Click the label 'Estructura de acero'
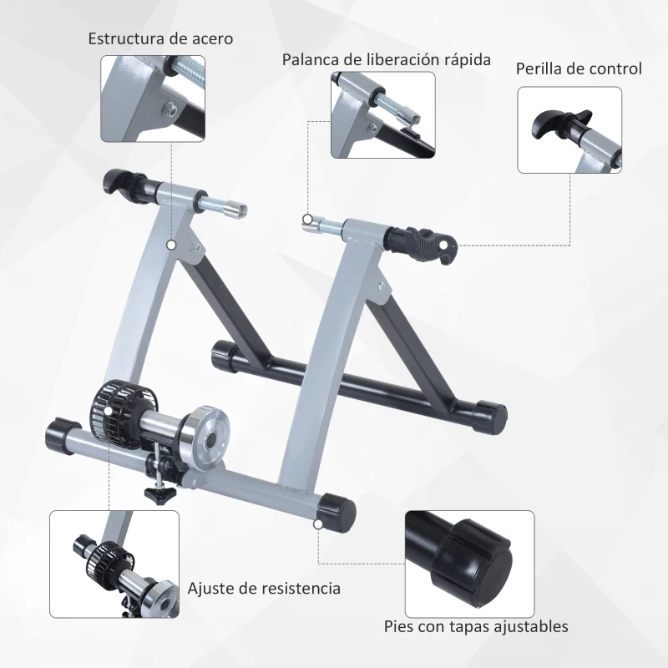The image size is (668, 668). pyautogui.click(x=161, y=38)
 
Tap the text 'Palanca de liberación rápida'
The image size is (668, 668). pyautogui.click(x=386, y=60)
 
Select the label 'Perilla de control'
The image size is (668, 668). pyautogui.click(x=579, y=68)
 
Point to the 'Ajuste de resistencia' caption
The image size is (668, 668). pyautogui.click(x=264, y=588)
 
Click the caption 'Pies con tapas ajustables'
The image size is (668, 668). pyautogui.click(x=476, y=625)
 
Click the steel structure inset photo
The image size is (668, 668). pyautogui.click(x=152, y=98)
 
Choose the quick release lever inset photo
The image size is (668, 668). pyautogui.click(x=382, y=114)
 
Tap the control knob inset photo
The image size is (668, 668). pyautogui.click(x=569, y=130)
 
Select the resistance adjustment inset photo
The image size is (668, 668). pyautogui.click(x=114, y=564)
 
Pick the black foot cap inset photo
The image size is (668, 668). pyautogui.click(x=469, y=564)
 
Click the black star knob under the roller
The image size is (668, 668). pyautogui.click(x=157, y=494)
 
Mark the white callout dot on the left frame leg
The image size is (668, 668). pyautogui.click(x=171, y=245)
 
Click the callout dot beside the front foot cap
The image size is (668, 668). pyautogui.click(x=318, y=525)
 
